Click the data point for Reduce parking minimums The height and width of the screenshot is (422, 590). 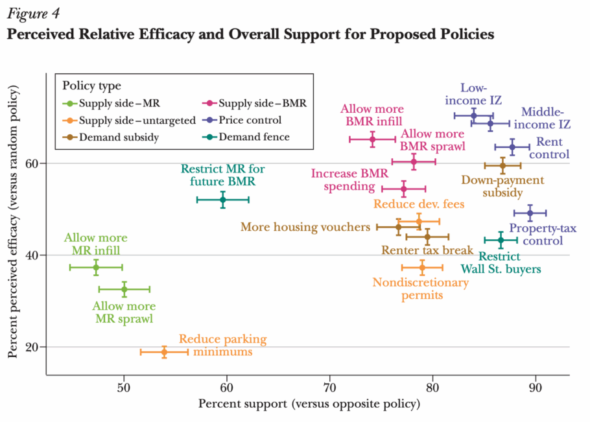pyautogui.click(x=164, y=351)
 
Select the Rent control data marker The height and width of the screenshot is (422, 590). pyautogui.click(x=512, y=147)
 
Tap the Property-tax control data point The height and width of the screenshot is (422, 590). pyautogui.click(x=530, y=213)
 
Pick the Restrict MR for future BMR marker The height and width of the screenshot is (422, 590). pyautogui.click(x=222, y=200)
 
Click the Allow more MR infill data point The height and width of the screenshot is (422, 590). pyautogui.click(x=96, y=267)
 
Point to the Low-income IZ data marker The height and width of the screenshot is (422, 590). pyautogui.click(x=473, y=115)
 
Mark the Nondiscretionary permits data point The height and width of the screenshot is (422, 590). pyautogui.click(x=422, y=267)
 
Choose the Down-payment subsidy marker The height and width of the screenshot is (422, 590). pyautogui.click(x=502, y=165)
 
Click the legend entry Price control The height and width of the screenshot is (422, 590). pyautogui.click(x=250, y=120)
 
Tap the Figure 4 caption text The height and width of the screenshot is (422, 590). pyautogui.click(x=30, y=12)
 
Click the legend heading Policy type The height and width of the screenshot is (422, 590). pyautogui.click(x=91, y=86)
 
